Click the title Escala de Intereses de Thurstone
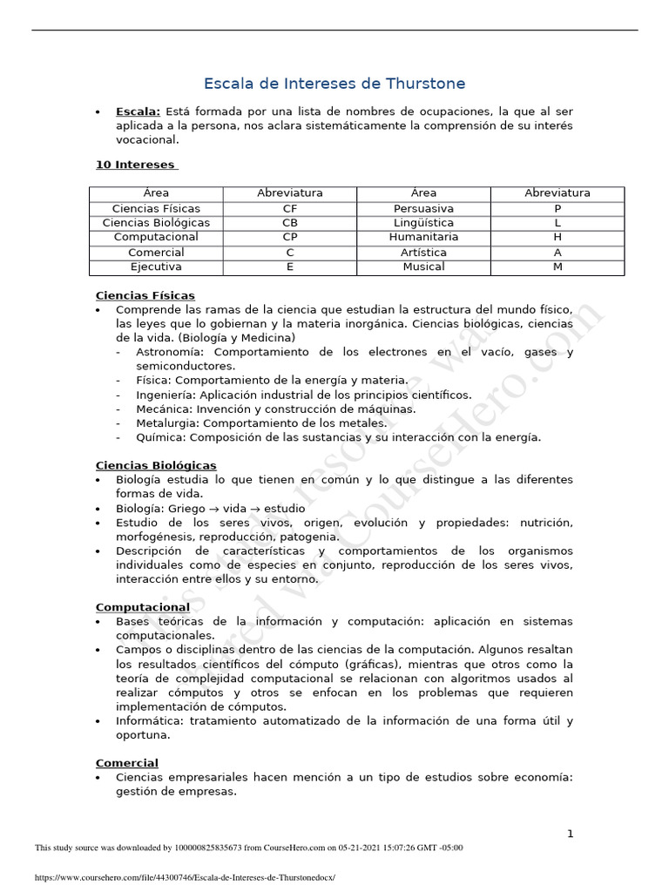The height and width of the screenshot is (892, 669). coord(334,84)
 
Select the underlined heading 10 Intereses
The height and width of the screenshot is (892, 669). coord(135,165)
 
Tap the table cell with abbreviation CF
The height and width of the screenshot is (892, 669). coord(290,208)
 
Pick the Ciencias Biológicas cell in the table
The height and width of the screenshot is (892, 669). coord(156,223)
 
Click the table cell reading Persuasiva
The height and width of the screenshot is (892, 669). coord(423,208)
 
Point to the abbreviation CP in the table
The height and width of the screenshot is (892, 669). coord(290,237)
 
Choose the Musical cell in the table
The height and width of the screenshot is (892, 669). coord(423,267)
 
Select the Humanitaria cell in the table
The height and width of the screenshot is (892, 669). coord(423,237)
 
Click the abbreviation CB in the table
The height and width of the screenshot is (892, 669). coord(290,223)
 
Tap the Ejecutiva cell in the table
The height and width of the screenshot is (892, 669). coord(156,267)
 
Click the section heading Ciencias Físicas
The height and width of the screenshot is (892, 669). coord(145,296)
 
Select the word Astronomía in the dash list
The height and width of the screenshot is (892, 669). coord(172,352)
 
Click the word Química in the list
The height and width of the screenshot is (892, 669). coord(160,437)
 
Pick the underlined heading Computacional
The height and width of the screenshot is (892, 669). coord(142,606)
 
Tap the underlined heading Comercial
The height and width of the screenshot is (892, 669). coord(126,763)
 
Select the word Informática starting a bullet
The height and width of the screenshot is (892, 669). coord(148,720)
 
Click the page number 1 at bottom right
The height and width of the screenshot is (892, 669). coord(570,834)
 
